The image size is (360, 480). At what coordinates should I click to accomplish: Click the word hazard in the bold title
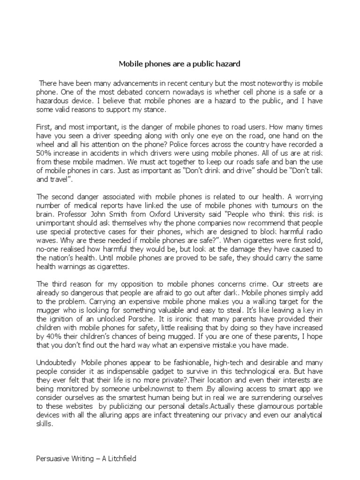226,63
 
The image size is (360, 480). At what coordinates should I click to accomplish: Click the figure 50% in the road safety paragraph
45,154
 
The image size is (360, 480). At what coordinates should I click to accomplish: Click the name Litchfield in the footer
118,458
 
